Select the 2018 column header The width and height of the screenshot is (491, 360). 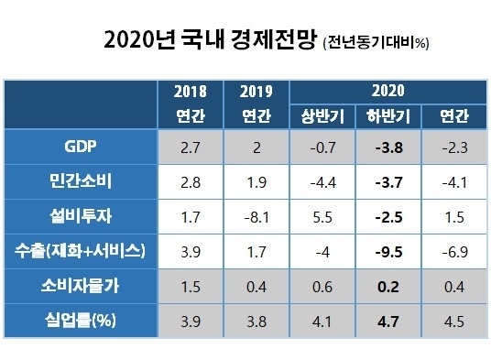[190, 92]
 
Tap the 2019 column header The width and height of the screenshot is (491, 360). [256, 92]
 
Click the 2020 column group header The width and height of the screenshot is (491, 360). [387, 91]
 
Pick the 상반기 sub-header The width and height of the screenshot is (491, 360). [322, 116]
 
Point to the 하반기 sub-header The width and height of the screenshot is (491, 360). [387, 116]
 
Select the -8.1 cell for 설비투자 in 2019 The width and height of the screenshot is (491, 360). [256, 215]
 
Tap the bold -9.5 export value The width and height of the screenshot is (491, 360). [387, 250]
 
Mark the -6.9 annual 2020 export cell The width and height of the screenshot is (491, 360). [453, 250]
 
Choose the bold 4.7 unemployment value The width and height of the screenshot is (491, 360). [387, 321]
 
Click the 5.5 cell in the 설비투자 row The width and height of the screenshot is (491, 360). [322, 215]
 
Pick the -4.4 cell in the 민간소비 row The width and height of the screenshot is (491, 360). [322, 180]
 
